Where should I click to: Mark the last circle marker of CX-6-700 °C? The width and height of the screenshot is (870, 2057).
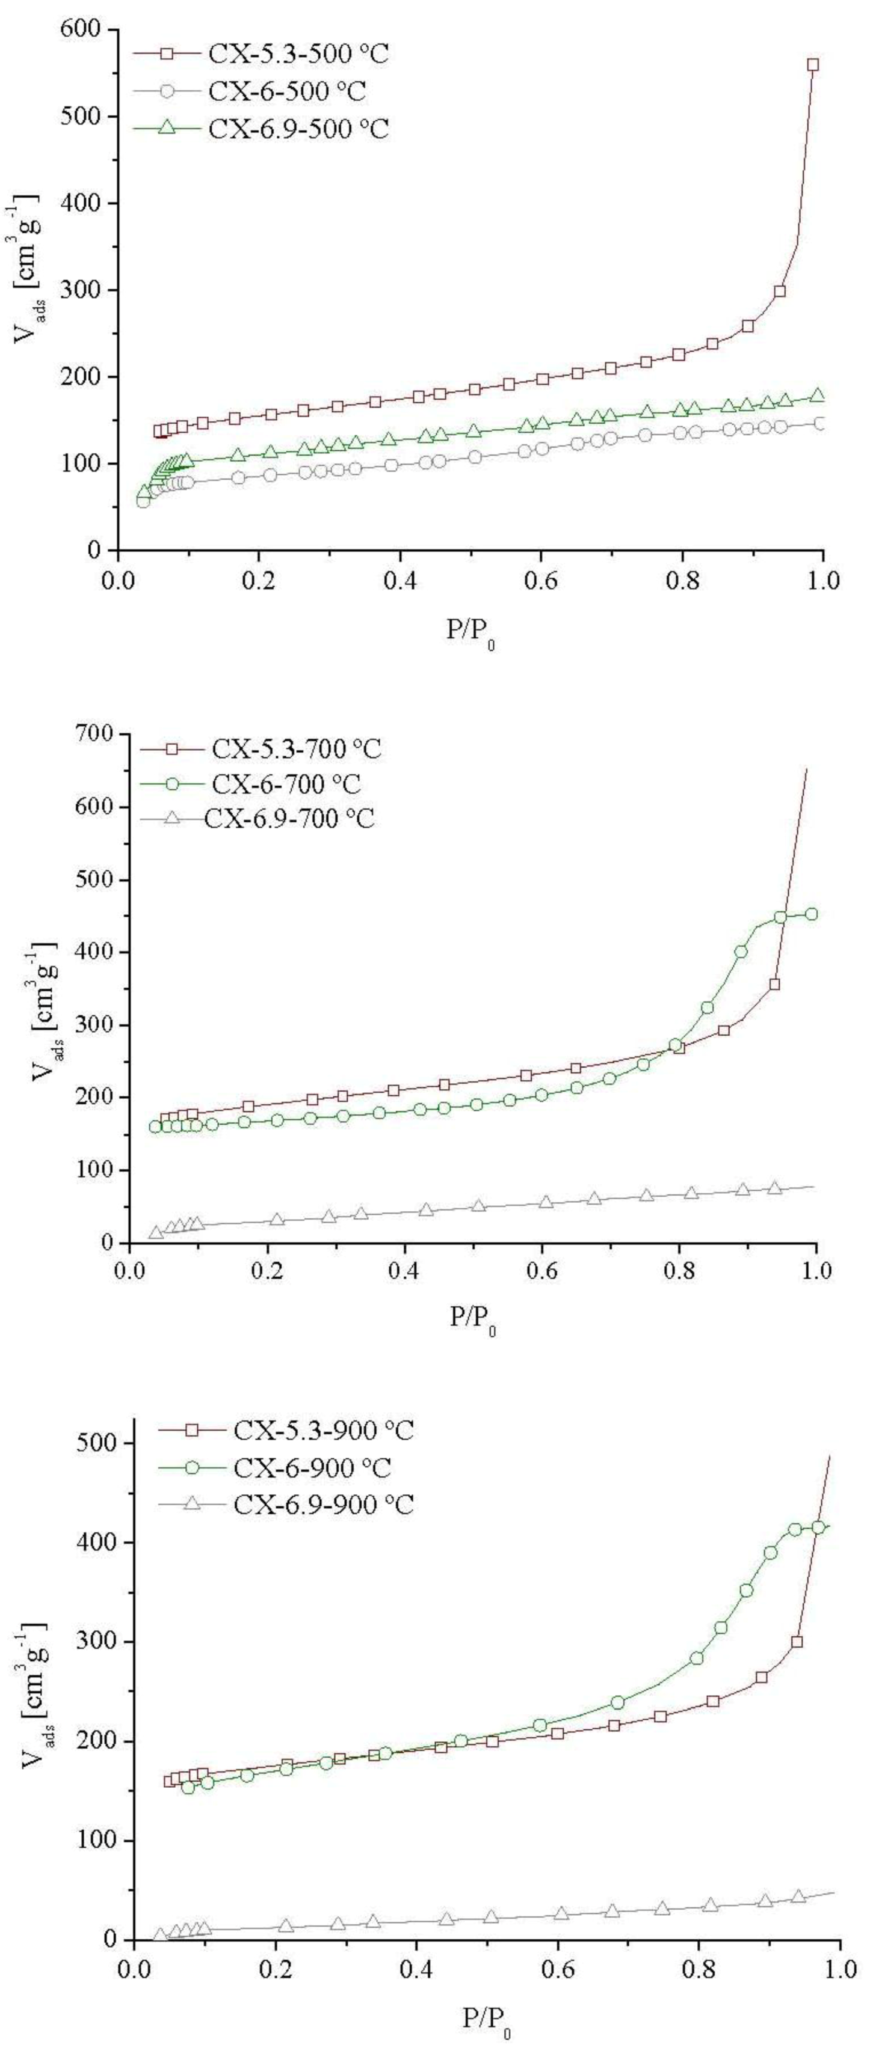click(811, 914)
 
